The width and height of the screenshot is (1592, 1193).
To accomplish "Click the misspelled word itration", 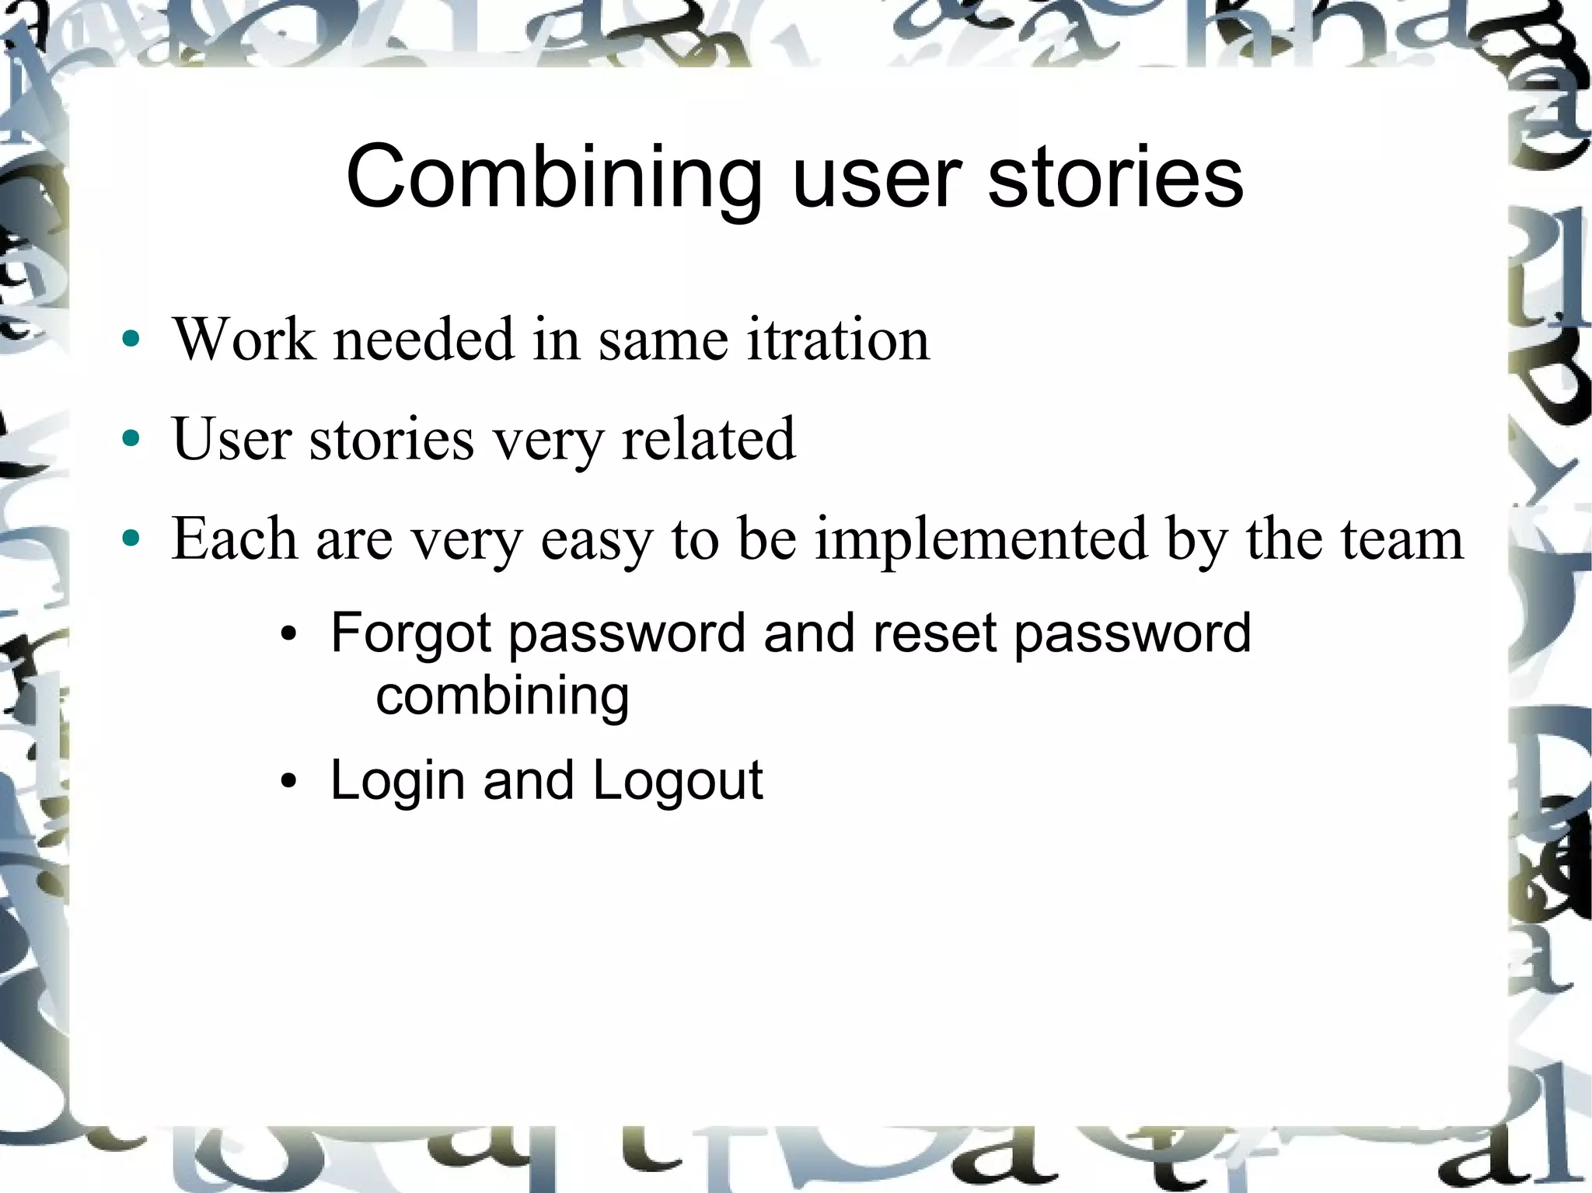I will [838, 340].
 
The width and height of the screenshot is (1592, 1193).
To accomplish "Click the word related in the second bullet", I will [709, 439].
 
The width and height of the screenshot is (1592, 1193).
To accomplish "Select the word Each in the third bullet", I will [234, 539].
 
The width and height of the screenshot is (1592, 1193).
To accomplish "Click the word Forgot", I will [410, 633].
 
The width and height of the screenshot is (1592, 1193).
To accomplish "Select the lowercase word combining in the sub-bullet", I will [502, 696].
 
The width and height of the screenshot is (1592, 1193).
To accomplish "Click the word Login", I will [397, 781].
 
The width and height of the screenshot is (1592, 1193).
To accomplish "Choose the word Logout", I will [678, 781].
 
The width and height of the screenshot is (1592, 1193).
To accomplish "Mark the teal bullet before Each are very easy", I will [131, 538].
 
